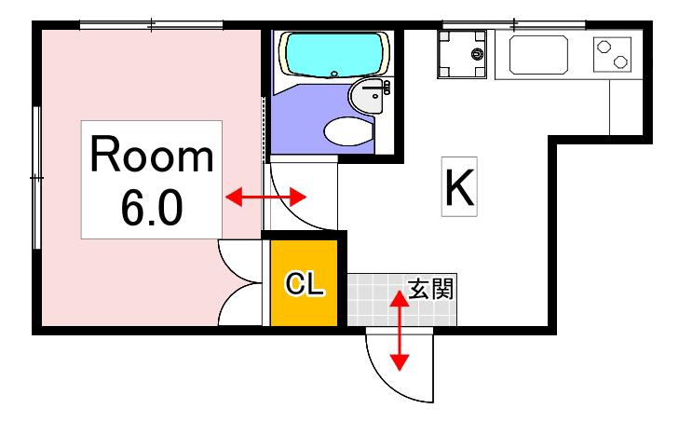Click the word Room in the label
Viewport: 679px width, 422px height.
(x=152, y=155)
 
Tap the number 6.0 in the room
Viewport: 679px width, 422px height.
(x=152, y=209)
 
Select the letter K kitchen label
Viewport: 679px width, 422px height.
(x=459, y=186)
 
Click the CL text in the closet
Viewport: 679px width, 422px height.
(x=304, y=284)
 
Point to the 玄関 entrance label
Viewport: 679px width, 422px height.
(x=431, y=289)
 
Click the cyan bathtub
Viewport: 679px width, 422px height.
(x=333, y=55)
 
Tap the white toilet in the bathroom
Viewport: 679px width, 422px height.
(x=348, y=130)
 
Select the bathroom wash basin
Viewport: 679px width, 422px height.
(x=367, y=96)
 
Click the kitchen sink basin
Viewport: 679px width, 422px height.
(x=538, y=55)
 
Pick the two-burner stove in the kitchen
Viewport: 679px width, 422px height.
(x=612, y=54)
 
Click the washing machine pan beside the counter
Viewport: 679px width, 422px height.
(x=462, y=54)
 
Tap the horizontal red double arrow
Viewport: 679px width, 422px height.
(x=265, y=197)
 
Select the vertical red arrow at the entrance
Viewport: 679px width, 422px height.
(x=400, y=331)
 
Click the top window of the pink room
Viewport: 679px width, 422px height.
(x=151, y=25)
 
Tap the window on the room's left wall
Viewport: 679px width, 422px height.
(x=37, y=178)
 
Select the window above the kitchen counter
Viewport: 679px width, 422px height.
(x=513, y=25)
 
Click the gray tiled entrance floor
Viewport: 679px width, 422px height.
(x=401, y=300)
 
